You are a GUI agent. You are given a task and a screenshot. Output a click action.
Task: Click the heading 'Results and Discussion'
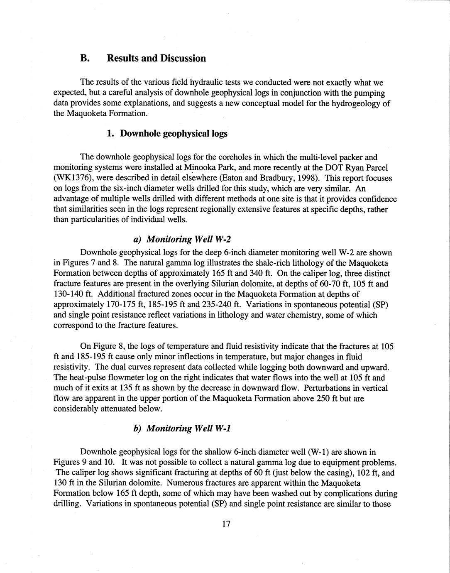(156, 58)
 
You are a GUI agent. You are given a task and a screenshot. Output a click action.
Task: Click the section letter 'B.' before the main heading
(85, 58)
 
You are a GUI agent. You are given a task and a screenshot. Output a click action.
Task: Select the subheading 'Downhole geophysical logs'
(174, 134)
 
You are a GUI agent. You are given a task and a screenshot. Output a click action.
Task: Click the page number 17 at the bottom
(226, 524)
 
